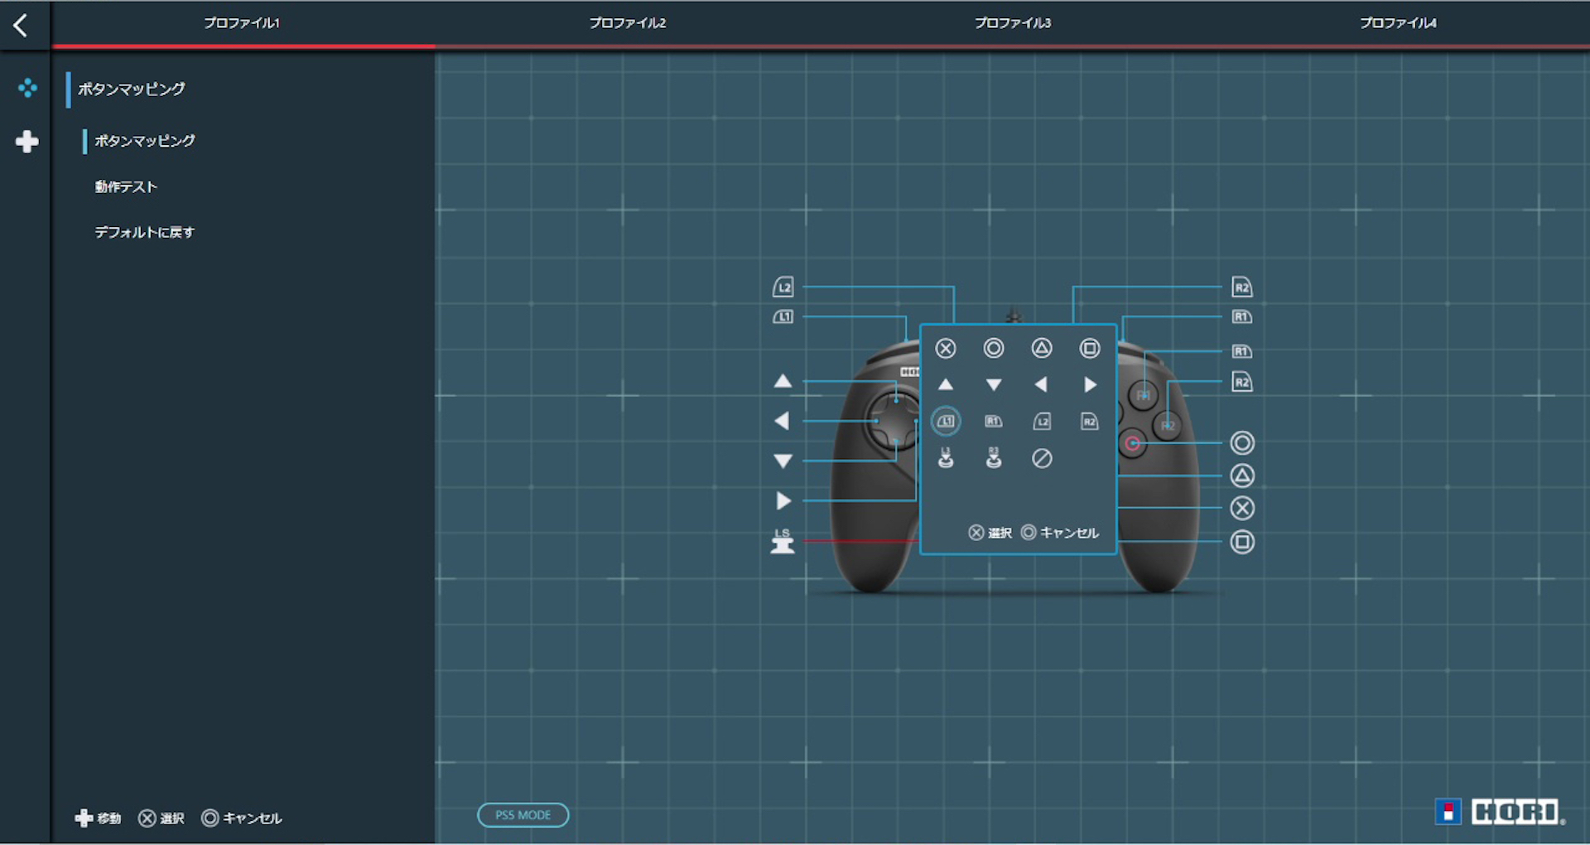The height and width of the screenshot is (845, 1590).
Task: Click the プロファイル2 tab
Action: [x=627, y=23]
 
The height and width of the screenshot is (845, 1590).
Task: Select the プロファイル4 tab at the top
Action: [x=1398, y=23]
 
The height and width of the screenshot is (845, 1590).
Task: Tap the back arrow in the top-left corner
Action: [x=21, y=25]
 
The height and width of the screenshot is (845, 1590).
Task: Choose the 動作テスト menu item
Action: [x=126, y=187]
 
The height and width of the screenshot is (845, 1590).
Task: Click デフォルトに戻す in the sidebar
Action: [x=144, y=233]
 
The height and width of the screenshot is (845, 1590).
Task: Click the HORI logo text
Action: [x=1515, y=812]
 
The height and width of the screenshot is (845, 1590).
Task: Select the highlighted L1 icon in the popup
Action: [x=946, y=422]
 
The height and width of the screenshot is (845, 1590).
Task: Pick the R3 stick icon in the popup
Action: [x=994, y=457]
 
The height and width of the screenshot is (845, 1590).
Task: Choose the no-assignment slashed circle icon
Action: [x=1042, y=458]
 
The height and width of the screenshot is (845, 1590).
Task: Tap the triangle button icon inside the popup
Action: [x=1042, y=349]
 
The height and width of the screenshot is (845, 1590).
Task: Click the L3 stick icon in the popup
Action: [x=946, y=457]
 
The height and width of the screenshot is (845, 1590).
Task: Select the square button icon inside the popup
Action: [x=1090, y=349]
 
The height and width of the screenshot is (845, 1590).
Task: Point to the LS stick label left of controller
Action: [x=783, y=542]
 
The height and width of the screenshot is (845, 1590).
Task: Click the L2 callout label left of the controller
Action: [x=783, y=287]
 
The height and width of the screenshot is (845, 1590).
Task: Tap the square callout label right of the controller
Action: [x=1242, y=542]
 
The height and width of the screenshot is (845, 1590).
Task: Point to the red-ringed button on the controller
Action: [x=1132, y=444]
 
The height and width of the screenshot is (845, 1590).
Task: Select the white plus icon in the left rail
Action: [x=27, y=142]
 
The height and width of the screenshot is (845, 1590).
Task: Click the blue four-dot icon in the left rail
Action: [x=27, y=88]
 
